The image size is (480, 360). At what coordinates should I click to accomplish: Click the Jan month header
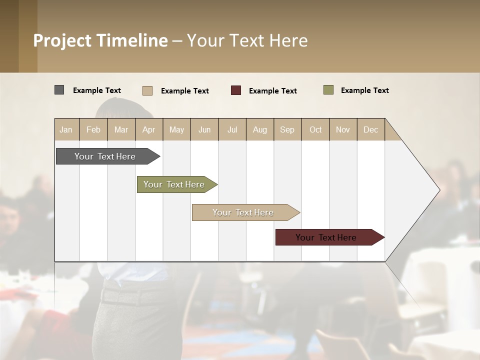[x=66, y=129]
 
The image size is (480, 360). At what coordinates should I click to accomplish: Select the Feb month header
[x=93, y=129]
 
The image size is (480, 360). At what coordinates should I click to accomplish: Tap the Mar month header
[x=121, y=129]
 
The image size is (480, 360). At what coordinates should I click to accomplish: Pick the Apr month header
[x=149, y=129]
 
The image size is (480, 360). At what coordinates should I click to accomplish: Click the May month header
[x=176, y=129]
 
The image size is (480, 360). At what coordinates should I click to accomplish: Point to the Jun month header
[x=204, y=129]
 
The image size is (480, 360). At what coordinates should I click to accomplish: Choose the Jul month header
[x=232, y=129]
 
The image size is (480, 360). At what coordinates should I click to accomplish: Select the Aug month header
[x=260, y=129]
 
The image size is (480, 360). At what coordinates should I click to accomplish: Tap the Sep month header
[x=287, y=129]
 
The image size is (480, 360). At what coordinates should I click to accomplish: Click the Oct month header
[x=315, y=129]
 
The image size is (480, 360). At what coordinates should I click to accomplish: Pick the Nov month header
[x=343, y=129]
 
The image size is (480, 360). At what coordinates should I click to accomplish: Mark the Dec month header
[x=371, y=129]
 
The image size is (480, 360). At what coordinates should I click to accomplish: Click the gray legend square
[x=59, y=90]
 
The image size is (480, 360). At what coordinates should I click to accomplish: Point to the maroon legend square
[x=236, y=90]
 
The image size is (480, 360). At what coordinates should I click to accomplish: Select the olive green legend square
[x=328, y=90]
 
